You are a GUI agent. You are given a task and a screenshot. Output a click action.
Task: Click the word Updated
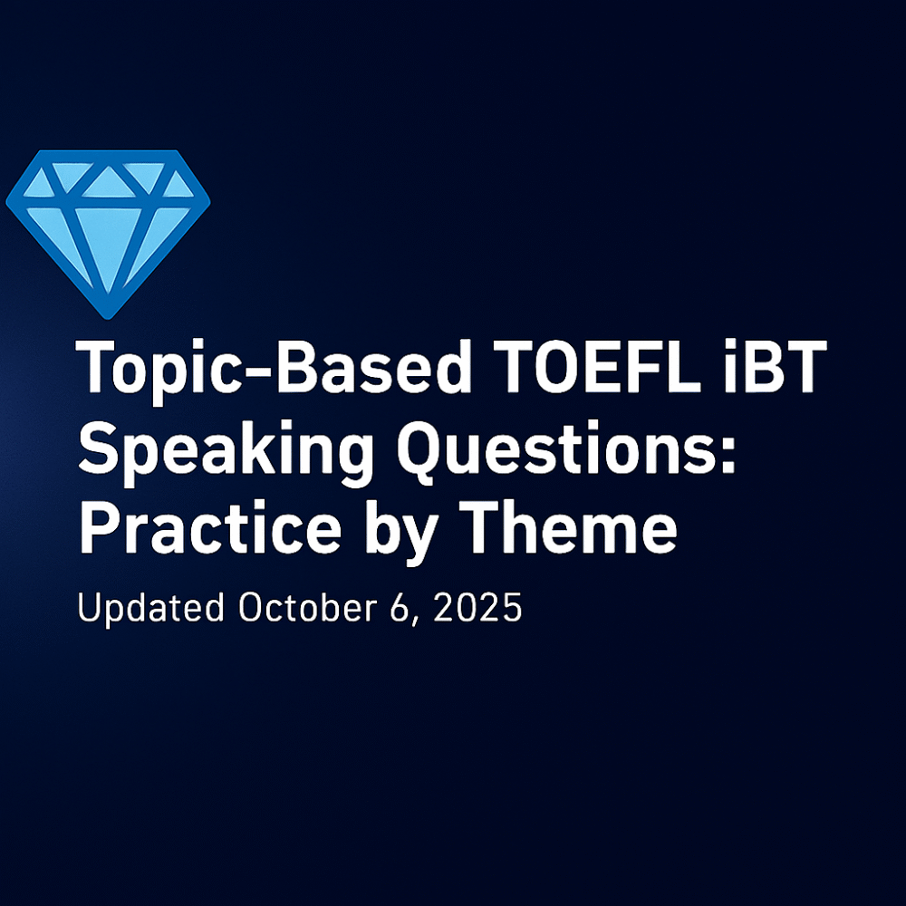(150, 609)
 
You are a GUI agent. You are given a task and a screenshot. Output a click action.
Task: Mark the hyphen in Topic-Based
(256, 371)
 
